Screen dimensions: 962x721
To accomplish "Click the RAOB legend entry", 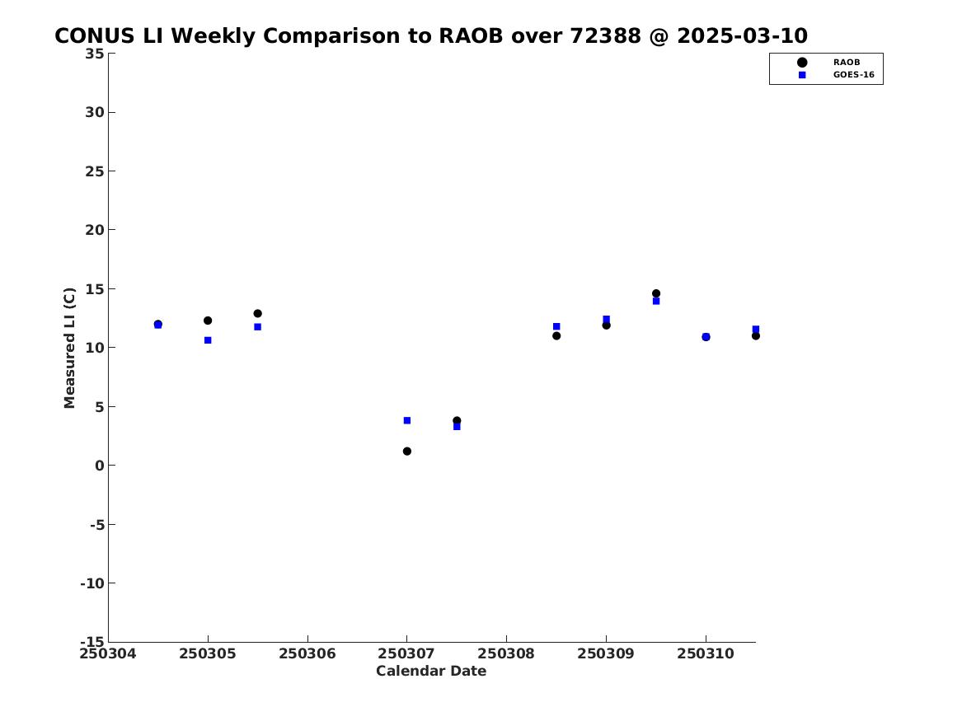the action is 828,62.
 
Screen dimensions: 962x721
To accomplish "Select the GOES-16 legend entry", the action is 836,75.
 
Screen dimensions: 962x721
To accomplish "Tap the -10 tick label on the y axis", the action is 92,583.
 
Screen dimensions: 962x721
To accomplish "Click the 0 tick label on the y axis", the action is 100,466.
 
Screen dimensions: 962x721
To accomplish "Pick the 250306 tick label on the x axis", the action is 307,653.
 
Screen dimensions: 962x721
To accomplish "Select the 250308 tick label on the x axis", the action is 506,653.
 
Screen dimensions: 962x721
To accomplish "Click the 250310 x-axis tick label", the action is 706,653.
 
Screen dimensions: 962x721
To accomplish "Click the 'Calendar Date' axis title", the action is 431,672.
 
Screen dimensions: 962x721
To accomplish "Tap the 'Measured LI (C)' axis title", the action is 69,348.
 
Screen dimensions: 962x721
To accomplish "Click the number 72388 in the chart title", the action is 606,35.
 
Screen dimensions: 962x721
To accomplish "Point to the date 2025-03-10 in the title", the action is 743,35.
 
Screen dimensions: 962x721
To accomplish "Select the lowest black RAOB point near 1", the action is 406,452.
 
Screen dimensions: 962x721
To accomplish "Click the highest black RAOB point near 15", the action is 656,293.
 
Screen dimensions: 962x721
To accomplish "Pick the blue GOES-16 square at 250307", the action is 406,420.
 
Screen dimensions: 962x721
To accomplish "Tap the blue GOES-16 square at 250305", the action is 208,340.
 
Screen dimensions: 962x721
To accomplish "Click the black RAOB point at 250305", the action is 208,321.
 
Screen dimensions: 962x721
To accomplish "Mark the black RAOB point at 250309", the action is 606,325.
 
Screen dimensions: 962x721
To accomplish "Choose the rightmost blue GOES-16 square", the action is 756,330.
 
